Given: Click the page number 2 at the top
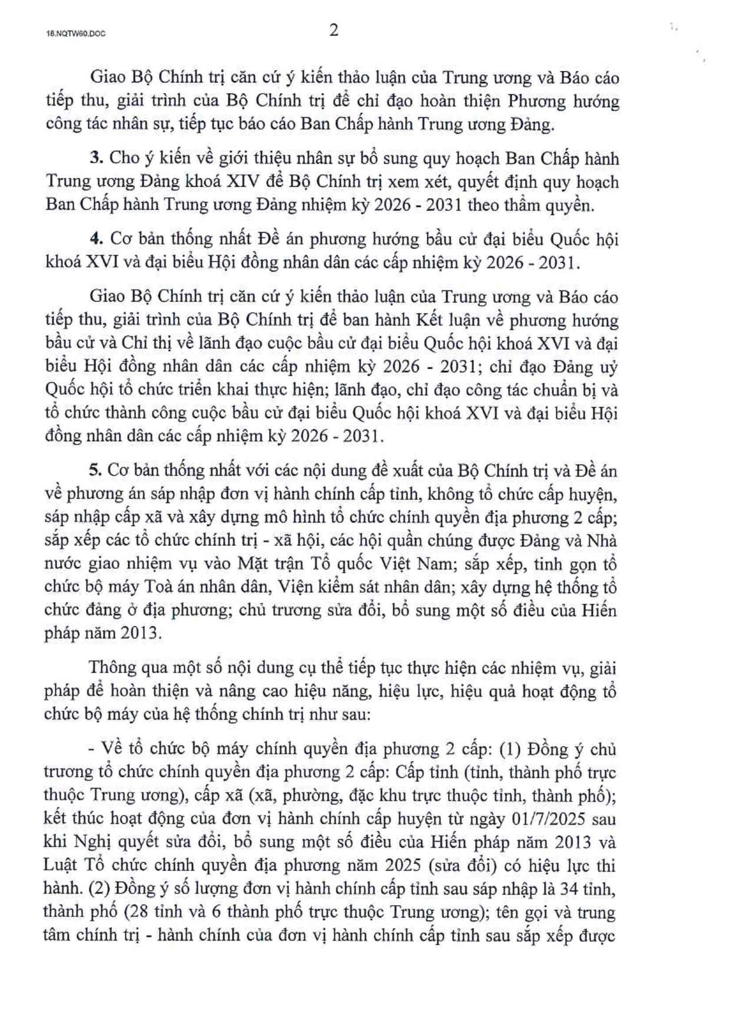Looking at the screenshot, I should tap(333, 31).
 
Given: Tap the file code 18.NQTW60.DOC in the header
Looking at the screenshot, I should tap(75, 34).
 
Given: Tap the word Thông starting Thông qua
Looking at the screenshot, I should tap(114, 668).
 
